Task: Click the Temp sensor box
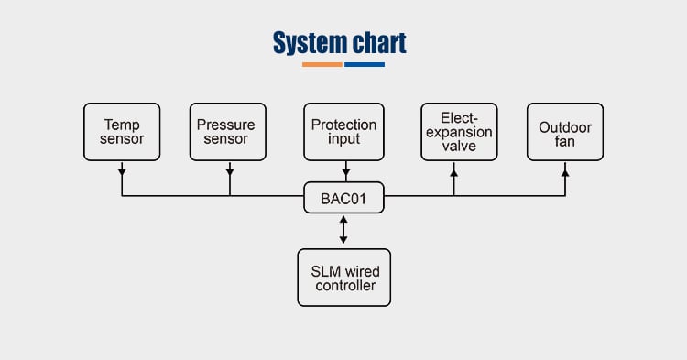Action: [122, 132]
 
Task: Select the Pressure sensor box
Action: [228, 132]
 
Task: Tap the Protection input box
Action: [343, 132]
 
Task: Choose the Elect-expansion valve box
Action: [459, 132]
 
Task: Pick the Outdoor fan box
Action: [565, 132]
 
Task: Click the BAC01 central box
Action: [343, 198]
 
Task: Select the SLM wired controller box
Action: [343, 278]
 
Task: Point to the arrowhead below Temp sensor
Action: [122, 172]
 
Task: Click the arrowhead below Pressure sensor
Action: [230, 172]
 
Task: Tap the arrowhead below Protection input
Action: [346, 172]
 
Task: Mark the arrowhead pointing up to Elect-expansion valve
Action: [454, 173]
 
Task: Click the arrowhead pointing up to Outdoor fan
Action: [565, 173]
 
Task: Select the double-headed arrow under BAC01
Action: [343, 230]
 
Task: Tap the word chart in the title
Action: [379, 42]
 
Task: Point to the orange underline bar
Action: [322, 64]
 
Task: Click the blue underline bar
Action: [365, 64]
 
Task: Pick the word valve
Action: [459, 146]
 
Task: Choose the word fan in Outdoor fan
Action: [565, 141]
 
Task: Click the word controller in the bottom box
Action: [345, 286]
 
